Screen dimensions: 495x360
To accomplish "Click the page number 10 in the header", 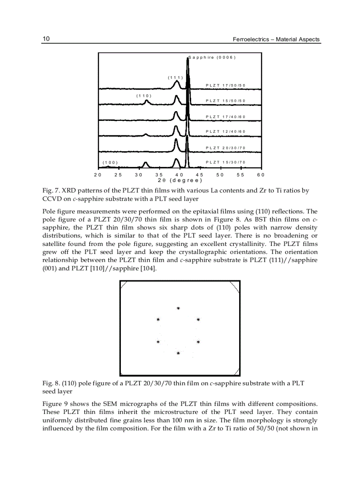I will coord(46,39).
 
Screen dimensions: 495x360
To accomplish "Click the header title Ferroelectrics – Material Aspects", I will coord(276,40).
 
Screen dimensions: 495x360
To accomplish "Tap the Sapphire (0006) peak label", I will coord(213,57).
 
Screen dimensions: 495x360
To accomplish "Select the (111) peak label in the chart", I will coord(175,78).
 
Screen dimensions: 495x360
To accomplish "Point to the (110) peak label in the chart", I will coord(144,95).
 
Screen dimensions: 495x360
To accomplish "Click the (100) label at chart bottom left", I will coord(109,162).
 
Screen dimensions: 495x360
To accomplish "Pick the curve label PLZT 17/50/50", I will coord(225,85).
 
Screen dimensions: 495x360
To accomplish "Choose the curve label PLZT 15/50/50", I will coord(225,101).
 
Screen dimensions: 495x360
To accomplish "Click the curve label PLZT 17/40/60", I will coord(225,116).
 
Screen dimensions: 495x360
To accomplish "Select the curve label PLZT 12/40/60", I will coord(225,131).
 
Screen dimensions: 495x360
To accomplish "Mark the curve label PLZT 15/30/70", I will coord(225,162).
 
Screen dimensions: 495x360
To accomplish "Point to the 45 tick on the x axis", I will coord(199,175).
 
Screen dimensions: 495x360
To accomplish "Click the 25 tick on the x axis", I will coord(118,175).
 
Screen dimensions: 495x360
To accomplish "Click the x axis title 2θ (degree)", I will coord(180,180).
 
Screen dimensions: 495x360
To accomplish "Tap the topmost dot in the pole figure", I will coord(178,308).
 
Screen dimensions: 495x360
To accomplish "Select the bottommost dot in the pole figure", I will coord(178,353).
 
